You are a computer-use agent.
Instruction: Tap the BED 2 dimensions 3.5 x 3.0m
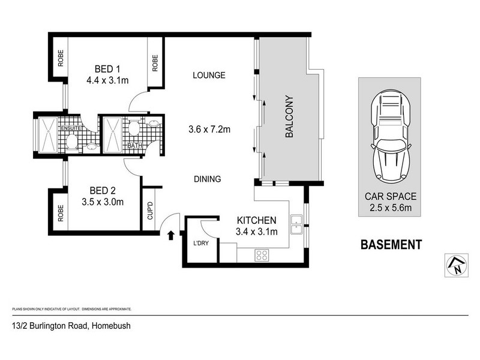click(x=103, y=202)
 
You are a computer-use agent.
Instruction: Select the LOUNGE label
click(x=209, y=75)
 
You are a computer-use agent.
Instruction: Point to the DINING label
click(x=208, y=179)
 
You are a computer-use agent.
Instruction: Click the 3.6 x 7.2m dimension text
click(x=209, y=130)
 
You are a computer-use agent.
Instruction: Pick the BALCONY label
click(x=289, y=116)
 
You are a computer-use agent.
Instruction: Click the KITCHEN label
click(x=257, y=220)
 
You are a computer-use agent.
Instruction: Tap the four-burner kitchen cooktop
click(x=262, y=256)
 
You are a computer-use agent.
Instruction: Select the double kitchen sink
click(x=296, y=224)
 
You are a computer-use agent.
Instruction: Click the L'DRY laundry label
click(x=201, y=244)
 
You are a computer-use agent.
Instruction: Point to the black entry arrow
click(x=171, y=235)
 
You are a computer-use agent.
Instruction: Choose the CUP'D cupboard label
click(x=150, y=211)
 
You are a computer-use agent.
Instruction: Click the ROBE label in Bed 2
click(x=61, y=213)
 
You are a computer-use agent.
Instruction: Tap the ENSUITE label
click(x=71, y=128)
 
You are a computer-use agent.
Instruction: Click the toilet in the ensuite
click(x=72, y=142)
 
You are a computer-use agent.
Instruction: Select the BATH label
click(x=134, y=145)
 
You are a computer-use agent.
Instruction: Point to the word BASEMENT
click(x=391, y=245)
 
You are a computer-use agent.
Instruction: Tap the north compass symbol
click(x=457, y=265)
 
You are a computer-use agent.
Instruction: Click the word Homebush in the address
click(x=112, y=326)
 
